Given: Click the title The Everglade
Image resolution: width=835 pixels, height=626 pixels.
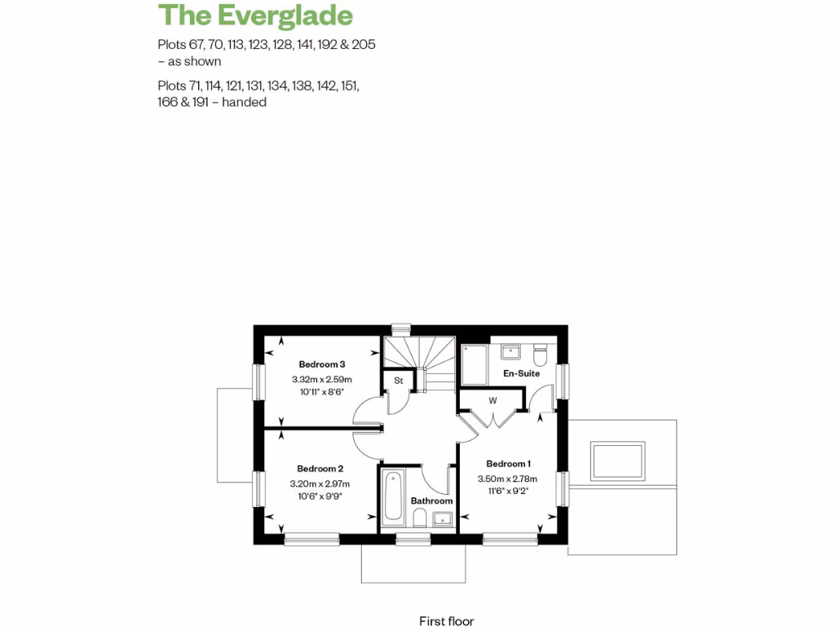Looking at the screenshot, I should [x=255, y=15].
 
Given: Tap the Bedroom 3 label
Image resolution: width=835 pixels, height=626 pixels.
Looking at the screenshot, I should [x=321, y=364].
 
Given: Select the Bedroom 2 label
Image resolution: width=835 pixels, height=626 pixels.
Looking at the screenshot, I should [x=320, y=469].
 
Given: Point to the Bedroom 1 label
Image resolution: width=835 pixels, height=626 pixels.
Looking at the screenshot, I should [x=509, y=464].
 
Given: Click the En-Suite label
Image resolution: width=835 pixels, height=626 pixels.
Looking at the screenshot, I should [x=521, y=373].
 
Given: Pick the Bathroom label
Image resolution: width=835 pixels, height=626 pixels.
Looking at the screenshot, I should [x=431, y=500].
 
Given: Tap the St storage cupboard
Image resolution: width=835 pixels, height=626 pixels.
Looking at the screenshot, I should [x=399, y=381].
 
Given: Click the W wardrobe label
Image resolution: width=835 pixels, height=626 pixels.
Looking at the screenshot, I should [x=493, y=400].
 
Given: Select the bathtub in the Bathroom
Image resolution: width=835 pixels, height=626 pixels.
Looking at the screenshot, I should [x=392, y=497].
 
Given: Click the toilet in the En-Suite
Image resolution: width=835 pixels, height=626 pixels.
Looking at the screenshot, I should [x=540, y=356].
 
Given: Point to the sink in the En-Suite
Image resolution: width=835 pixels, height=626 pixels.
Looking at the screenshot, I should [x=510, y=352].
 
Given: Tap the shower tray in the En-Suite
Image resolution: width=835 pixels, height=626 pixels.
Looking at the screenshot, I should [x=474, y=364].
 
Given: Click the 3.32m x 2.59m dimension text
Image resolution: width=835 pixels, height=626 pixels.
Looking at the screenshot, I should [x=321, y=380].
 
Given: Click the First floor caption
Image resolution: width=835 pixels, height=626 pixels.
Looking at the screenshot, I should [x=446, y=621].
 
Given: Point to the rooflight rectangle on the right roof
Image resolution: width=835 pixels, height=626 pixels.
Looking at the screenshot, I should [x=619, y=461].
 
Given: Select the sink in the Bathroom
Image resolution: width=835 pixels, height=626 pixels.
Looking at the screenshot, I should [x=443, y=517].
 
